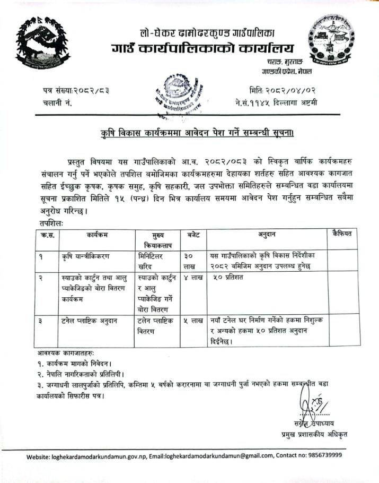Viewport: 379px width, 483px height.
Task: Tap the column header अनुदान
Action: point(267,234)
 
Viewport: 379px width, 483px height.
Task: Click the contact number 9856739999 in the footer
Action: point(321,455)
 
